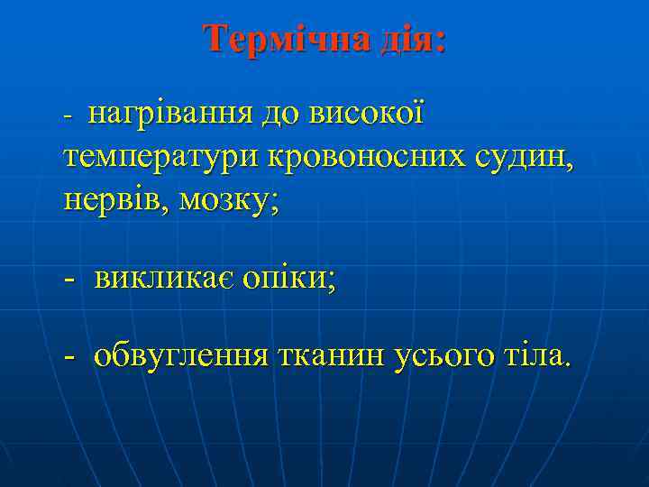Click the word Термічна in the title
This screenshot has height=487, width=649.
pyautogui.click(x=284, y=40)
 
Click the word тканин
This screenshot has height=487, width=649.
pyautogui.click(x=331, y=356)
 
